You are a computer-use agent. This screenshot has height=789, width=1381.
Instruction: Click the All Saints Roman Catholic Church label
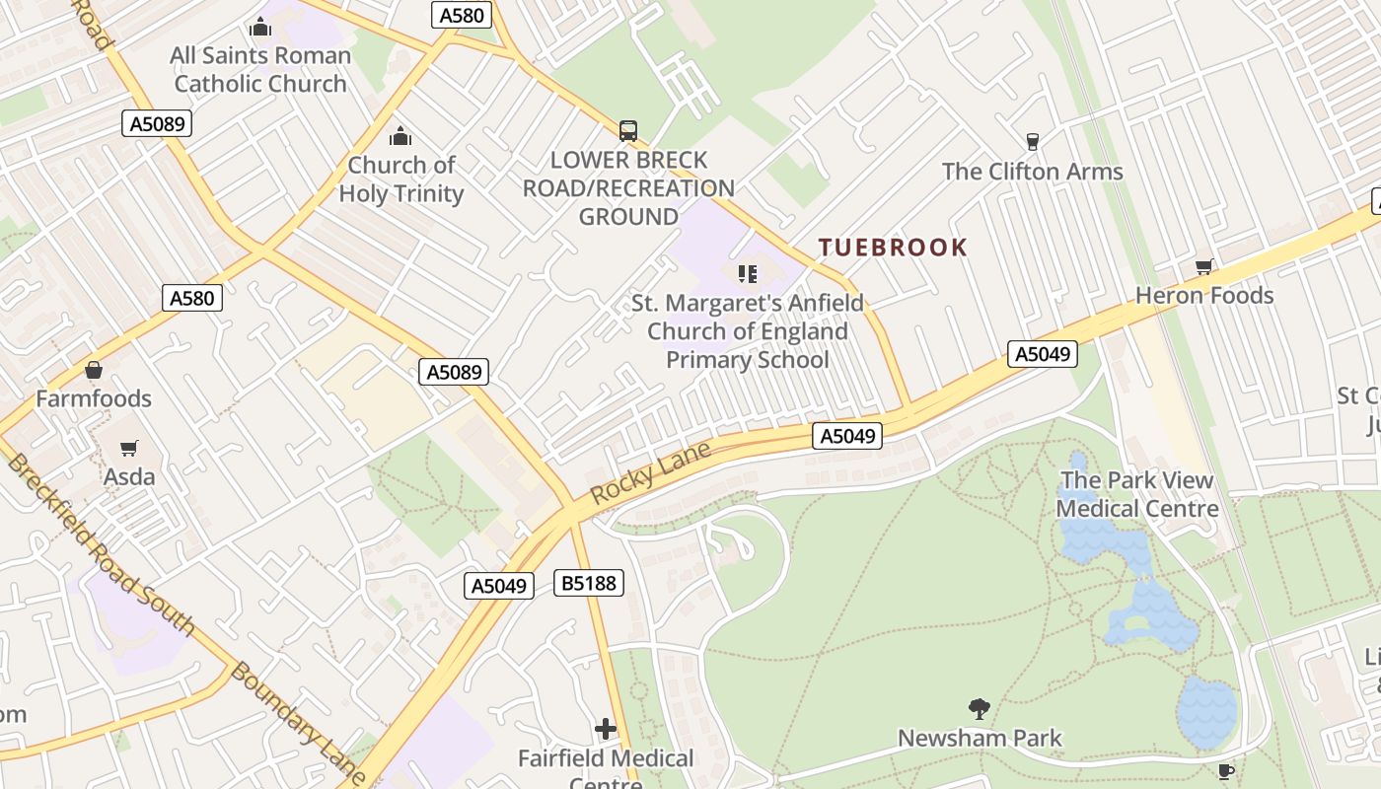[x=260, y=69]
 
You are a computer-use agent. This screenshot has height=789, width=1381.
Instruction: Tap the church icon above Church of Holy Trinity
[x=400, y=136]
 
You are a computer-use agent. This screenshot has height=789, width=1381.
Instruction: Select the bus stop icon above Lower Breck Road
[x=628, y=130]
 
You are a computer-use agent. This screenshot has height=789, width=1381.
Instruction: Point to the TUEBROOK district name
[x=893, y=247]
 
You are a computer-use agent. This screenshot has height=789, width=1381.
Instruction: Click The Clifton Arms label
[x=1032, y=171]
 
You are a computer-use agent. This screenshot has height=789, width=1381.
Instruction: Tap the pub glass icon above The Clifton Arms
[x=1033, y=142]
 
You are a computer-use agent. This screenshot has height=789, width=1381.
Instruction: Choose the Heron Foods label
[x=1204, y=295]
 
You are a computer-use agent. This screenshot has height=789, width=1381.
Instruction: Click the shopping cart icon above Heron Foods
[x=1203, y=266]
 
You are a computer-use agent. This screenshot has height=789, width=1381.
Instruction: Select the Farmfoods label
[x=94, y=398]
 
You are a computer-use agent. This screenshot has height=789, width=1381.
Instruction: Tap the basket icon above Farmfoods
[x=94, y=370]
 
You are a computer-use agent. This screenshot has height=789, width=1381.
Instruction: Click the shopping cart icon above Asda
[x=129, y=449]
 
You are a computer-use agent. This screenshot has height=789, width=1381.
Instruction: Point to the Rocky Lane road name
[x=650, y=474]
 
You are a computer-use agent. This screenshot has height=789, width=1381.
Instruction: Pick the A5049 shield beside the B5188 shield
[x=499, y=585]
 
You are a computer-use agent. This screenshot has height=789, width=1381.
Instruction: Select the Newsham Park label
[x=980, y=737]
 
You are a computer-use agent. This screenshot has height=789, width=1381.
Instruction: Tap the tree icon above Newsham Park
[x=980, y=708]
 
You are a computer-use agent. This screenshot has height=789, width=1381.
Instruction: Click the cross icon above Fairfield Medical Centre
[x=606, y=729]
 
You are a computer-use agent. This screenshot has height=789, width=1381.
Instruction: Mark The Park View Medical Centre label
[x=1137, y=494]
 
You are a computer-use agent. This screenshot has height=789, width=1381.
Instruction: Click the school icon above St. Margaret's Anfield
[x=748, y=273]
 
